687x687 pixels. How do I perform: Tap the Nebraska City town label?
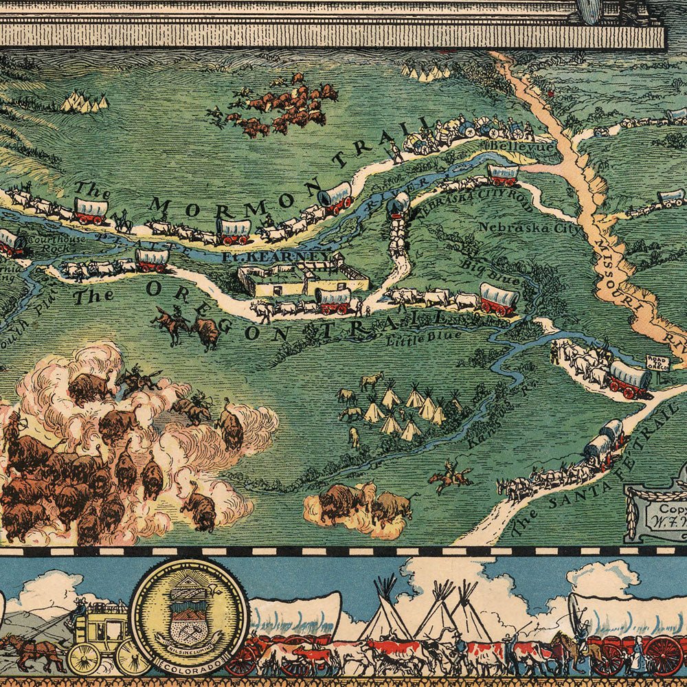[529, 227]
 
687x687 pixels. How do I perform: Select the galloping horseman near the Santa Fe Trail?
[450, 475]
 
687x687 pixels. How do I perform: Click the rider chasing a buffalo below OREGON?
[172, 323]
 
